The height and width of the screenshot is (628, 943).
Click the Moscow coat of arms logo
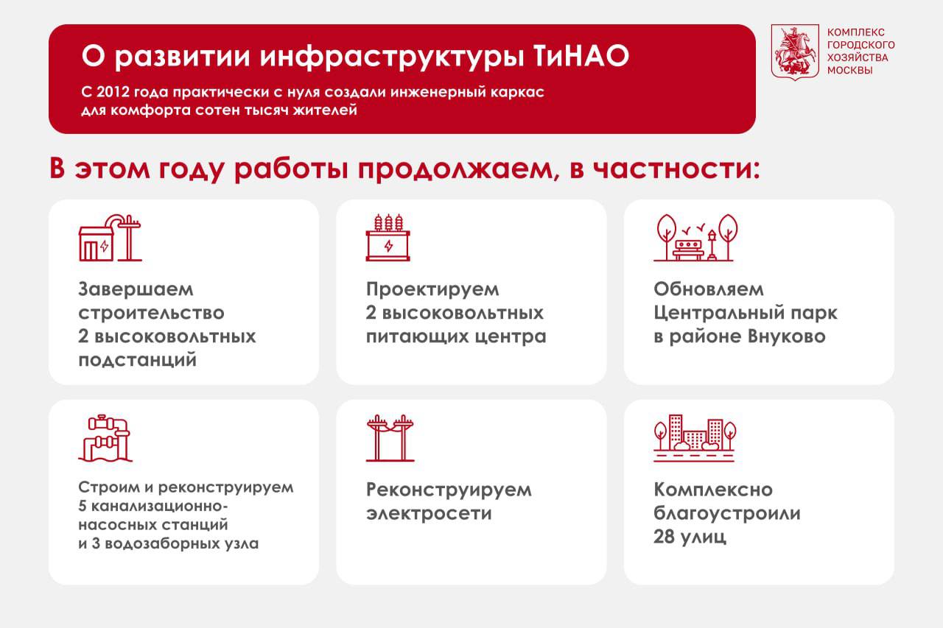point(794,52)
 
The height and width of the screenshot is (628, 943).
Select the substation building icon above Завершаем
point(109,238)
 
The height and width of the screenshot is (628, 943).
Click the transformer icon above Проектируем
point(388,238)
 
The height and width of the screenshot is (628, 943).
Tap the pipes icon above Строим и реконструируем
point(104,438)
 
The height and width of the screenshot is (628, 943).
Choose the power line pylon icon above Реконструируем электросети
point(389,438)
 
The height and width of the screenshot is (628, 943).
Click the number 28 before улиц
point(665,537)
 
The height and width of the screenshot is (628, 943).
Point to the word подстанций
point(137,361)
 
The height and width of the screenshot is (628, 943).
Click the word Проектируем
point(432,289)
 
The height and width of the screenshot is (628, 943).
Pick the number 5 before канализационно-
point(82,507)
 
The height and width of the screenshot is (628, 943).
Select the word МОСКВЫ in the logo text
point(849,70)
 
